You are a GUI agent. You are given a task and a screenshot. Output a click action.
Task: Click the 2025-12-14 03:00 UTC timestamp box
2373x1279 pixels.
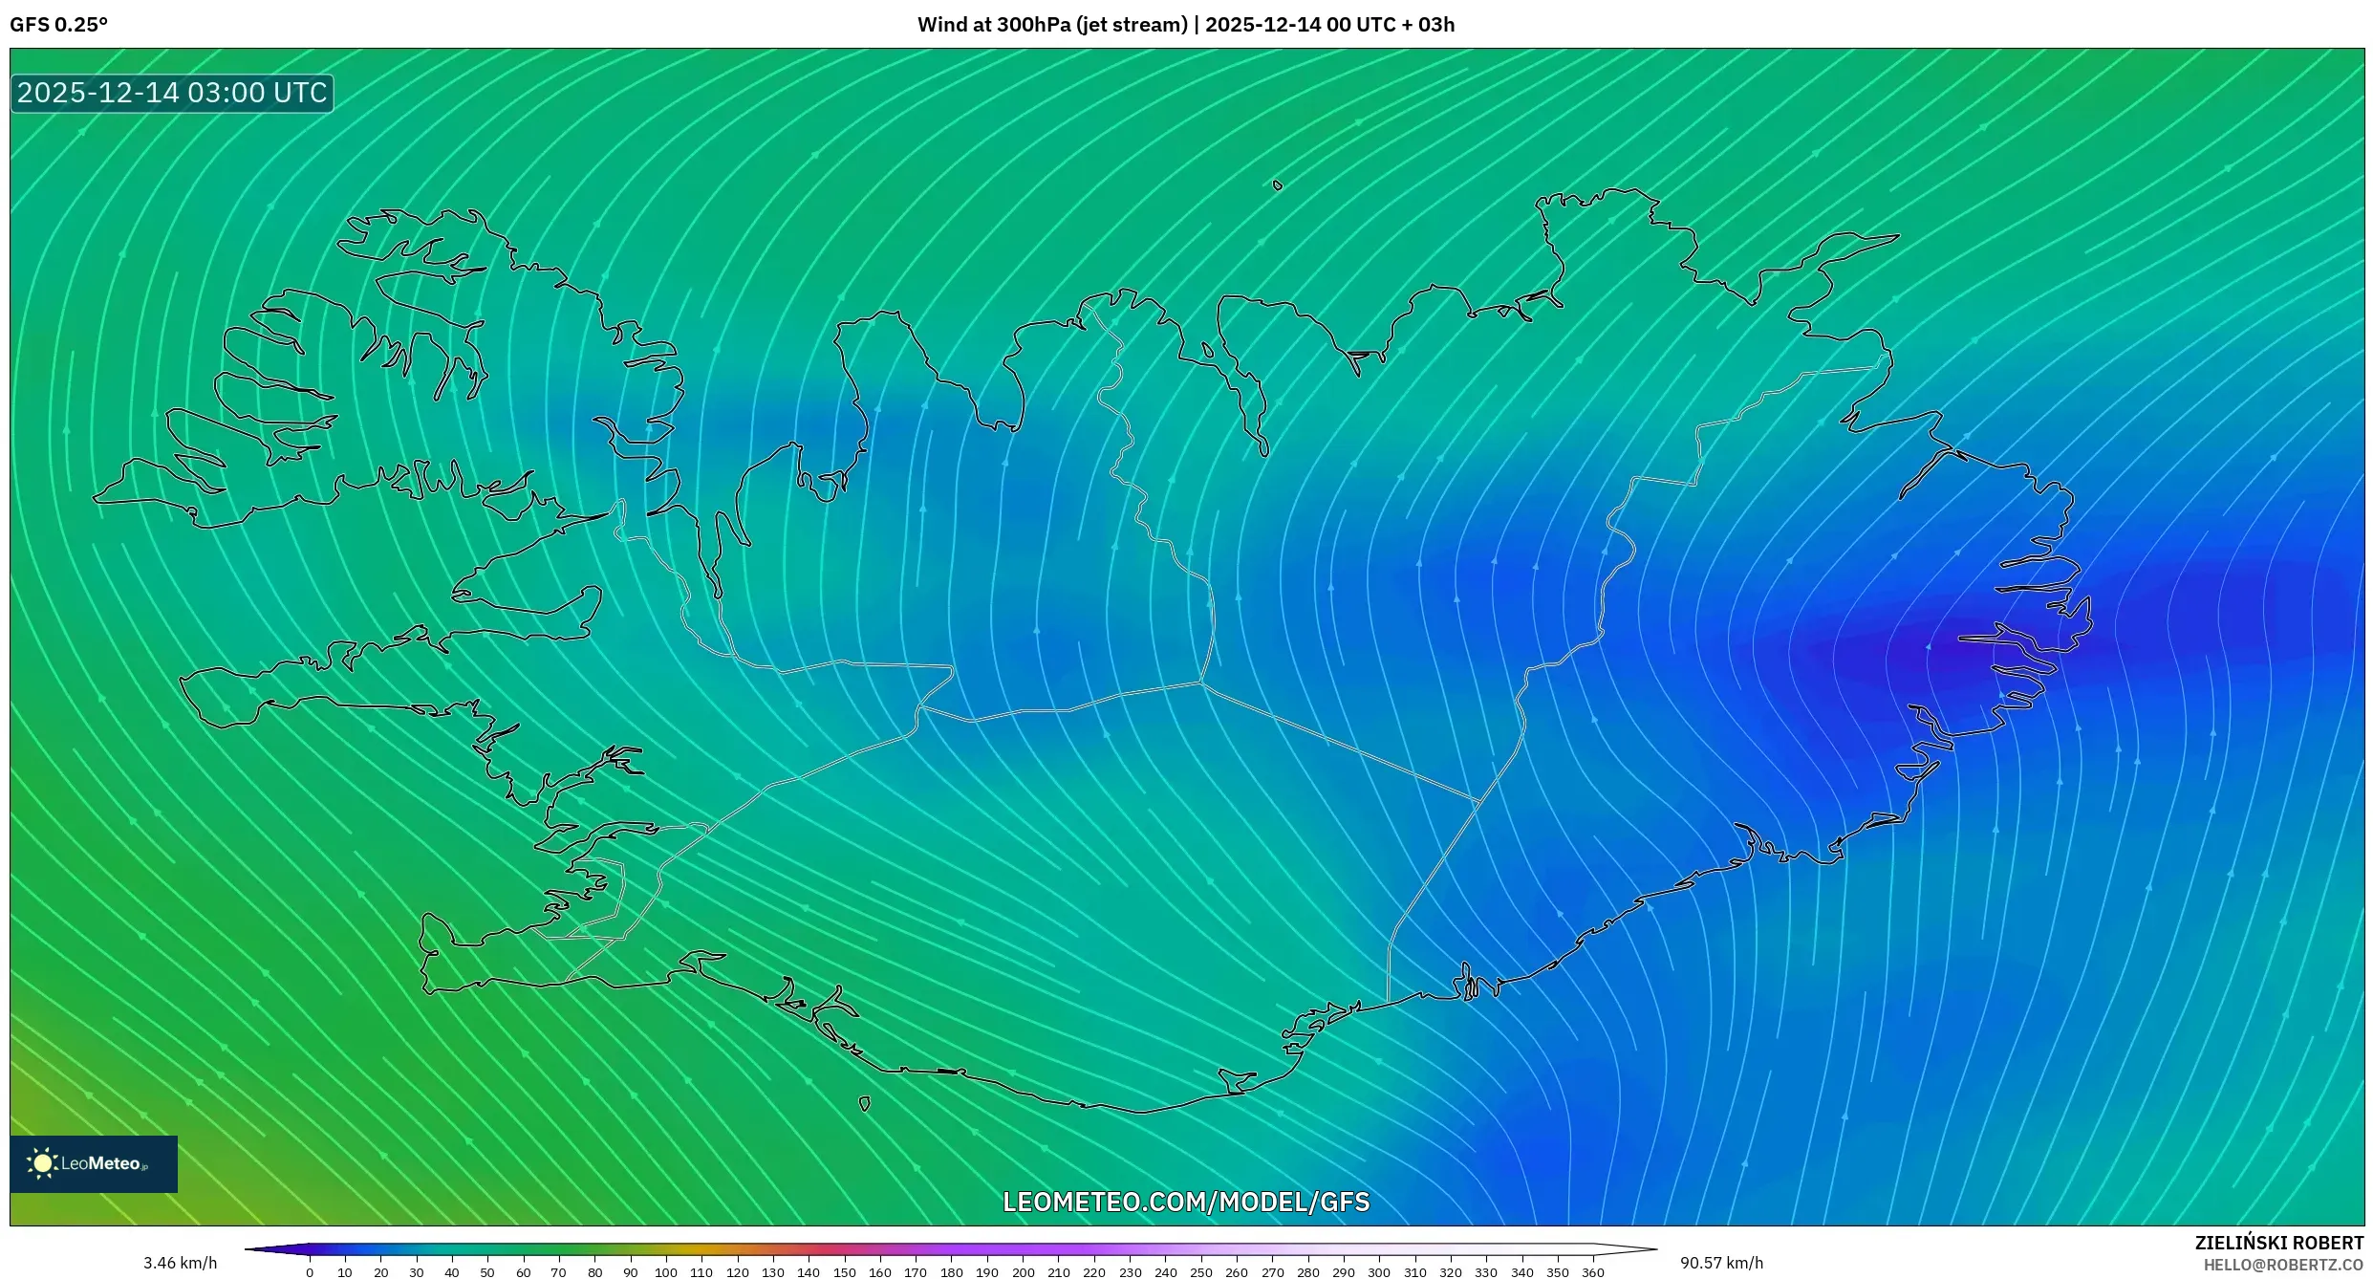(x=172, y=94)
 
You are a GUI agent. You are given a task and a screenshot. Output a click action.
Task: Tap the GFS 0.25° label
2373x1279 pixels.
(x=59, y=25)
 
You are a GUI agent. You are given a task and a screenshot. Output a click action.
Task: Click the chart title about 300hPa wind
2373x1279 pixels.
(x=1185, y=25)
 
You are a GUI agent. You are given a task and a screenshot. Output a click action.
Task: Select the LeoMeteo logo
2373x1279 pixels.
(x=94, y=1163)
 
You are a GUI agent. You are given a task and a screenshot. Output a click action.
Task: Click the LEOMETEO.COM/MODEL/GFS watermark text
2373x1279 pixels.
(x=1185, y=1202)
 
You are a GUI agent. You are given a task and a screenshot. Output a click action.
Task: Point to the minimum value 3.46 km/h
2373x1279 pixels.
(x=180, y=1263)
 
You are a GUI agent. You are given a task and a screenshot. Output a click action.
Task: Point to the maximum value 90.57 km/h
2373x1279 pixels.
(x=1721, y=1263)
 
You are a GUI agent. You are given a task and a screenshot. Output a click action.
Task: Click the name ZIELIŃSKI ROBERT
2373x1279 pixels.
(x=2278, y=1243)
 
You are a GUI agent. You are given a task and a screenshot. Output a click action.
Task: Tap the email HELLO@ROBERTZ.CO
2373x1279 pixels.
(x=2282, y=1266)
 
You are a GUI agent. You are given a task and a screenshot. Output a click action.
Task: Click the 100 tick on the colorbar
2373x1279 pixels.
(x=666, y=1272)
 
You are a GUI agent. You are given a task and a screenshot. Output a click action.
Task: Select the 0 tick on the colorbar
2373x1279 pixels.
(x=310, y=1272)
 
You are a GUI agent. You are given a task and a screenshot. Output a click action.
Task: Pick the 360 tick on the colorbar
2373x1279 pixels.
(x=1593, y=1272)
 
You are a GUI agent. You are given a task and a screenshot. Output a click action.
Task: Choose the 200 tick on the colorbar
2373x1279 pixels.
(x=1023, y=1272)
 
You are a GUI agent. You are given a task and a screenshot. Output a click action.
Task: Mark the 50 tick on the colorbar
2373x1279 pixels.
(x=487, y=1272)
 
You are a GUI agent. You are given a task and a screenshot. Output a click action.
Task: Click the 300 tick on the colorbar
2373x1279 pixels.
(x=1379, y=1272)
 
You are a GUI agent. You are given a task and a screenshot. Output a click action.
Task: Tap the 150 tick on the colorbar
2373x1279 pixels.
(x=845, y=1272)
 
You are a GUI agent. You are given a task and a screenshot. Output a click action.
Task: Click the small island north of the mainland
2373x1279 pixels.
(x=1278, y=185)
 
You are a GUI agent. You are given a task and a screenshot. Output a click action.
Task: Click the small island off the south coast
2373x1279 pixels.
(x=865, y=1104)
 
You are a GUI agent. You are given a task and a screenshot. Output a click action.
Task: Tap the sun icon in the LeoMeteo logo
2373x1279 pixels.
(x=42, y=1163)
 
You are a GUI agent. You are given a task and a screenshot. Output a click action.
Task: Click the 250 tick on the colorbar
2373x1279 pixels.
(x=1201, y=1272)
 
